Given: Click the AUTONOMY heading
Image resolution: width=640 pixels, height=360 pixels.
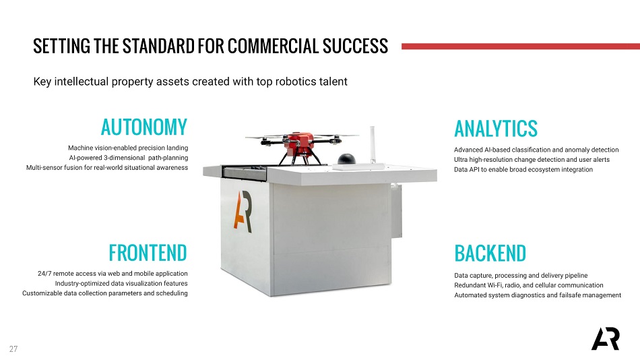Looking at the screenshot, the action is pyautogui.click(x=144, y=127).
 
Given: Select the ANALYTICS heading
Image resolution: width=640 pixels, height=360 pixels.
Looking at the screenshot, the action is pyautogui.click(x=496, y=129).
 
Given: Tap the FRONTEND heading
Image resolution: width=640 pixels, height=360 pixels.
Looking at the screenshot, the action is pyautogui.click(x=148, y=253).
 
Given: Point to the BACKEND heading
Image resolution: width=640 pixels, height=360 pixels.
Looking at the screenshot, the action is pyautogui.click(x=490, y=253).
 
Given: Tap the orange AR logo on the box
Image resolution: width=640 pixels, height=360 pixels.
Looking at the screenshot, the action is pyautogui.click(x=243, y=211).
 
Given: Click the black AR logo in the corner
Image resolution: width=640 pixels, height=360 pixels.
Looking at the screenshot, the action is pyautogui.click(x=606, y=338).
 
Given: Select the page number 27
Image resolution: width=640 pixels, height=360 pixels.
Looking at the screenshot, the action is pyautogui.click(x=13, y=349).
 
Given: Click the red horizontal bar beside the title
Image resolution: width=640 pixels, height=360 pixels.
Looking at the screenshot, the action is pyautogui.click(x=521, y=47).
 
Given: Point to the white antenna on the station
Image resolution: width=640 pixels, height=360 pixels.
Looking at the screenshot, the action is pyautogui.click(x=373, y=144).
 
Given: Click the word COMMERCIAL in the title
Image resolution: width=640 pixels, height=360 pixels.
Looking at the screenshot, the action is pyautogui.click(x=273, y=46).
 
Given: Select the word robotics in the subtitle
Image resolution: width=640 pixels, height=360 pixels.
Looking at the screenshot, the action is pyautogui.click(x=296, y=82).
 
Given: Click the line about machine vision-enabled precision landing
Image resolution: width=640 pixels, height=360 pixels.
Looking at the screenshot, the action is pyautogui.click(x=128, y=148).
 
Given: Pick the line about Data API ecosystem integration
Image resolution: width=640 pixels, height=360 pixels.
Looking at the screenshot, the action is pyautogui.click(x=523, y=170).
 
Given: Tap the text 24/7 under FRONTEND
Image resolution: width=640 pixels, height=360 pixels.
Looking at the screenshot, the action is pyautogui.click(x=44, y=274).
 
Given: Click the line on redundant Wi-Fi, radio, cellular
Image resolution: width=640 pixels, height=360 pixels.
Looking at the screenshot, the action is pyautogui.click(x=529, y=285).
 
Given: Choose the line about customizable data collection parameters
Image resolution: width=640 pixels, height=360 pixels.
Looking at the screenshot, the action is pyautogui.click(x=105, y=293).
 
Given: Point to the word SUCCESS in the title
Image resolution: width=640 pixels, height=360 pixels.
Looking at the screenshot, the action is pyautogui.click(x=355, y=46).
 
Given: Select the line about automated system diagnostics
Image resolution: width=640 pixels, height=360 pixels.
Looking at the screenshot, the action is pyautogui.click(x=538, y=295).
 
